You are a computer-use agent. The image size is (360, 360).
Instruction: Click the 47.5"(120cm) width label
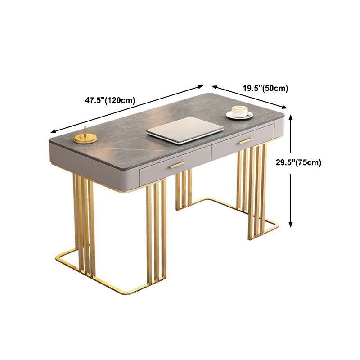(x=110, y=100)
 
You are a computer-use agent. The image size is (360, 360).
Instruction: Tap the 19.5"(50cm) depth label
(x=265, y=88)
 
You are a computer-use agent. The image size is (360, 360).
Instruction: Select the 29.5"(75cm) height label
(x=298, y=162)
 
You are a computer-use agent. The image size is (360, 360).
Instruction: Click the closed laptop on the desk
(x=184, y=130)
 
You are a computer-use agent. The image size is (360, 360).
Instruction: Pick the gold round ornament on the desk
(x=85, y=138)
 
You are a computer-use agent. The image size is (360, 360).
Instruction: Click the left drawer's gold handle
(x=177, y=165)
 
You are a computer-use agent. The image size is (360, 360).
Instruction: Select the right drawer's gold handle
(x=245, y=141)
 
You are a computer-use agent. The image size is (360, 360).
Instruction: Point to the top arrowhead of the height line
(x=291, y=117)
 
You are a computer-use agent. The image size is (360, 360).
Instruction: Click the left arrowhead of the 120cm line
(x=53, y=131)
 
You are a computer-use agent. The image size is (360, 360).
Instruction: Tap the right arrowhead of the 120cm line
(x=201, y=86)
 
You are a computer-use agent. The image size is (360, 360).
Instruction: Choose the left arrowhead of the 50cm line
(x=215, y=87)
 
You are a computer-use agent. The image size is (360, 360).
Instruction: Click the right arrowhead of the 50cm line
(x=285, y=107)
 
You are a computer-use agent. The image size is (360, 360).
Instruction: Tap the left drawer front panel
(x=175, y=166)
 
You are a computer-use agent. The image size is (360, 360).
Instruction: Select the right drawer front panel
(x=243, y=142)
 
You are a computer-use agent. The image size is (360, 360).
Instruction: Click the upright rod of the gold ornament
(x=85, y=131)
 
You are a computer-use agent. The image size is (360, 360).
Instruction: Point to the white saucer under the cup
(x=239, y=115)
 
